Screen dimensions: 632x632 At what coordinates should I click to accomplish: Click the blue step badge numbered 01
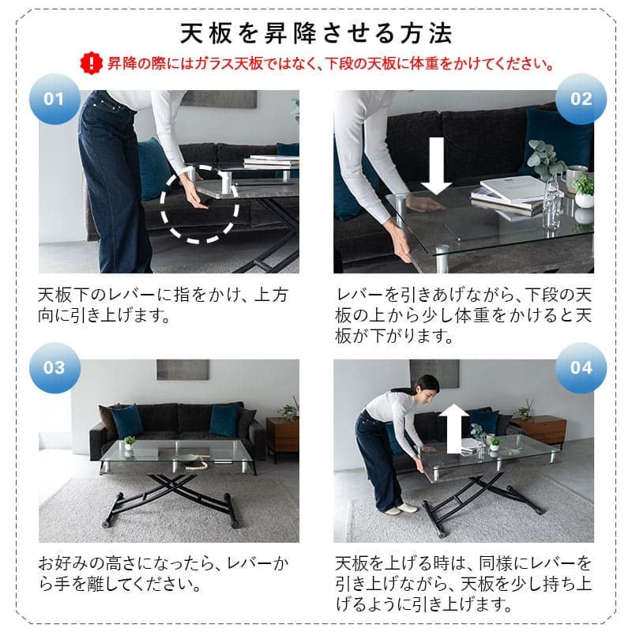pos(53,100)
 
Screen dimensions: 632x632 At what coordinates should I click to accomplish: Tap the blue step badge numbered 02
pos(581,100)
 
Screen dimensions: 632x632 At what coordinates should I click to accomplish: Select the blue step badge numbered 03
pos(53,368)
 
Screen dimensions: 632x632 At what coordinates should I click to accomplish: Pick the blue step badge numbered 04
pos(581,368)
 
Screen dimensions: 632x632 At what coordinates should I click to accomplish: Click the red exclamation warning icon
pos(92,62)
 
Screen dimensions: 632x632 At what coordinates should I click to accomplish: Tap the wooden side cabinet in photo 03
pos(282,434)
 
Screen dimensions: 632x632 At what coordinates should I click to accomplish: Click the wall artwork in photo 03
pos(182,370)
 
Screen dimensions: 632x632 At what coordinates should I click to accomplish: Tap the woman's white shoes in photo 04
pos(400,508)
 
